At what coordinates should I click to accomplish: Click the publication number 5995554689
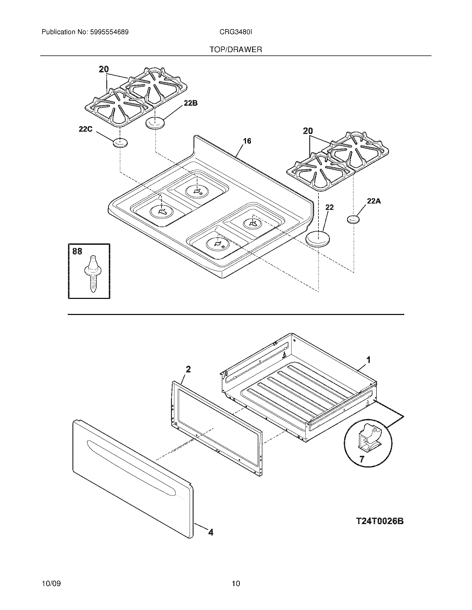(109, 32)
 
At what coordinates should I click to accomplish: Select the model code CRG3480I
(236, 32)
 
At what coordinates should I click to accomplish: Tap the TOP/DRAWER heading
(236, 50)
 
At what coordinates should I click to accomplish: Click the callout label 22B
(190, 103)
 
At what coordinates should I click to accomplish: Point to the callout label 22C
(86, 129)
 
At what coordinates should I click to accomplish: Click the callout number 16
(247, 141)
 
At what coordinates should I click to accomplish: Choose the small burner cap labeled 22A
(353, 219)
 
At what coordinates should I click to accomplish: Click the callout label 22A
(373, 201)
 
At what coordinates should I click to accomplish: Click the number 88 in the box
(77, 251)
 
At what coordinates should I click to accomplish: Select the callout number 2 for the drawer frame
(188, 369)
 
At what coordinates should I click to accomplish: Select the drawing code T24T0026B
(380, 521)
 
